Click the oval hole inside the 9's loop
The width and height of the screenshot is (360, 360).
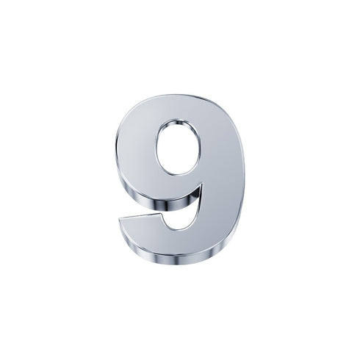click(178, 148)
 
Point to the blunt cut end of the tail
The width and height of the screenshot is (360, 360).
click(122, 228)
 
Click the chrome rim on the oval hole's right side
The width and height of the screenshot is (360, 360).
click(200, 147)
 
